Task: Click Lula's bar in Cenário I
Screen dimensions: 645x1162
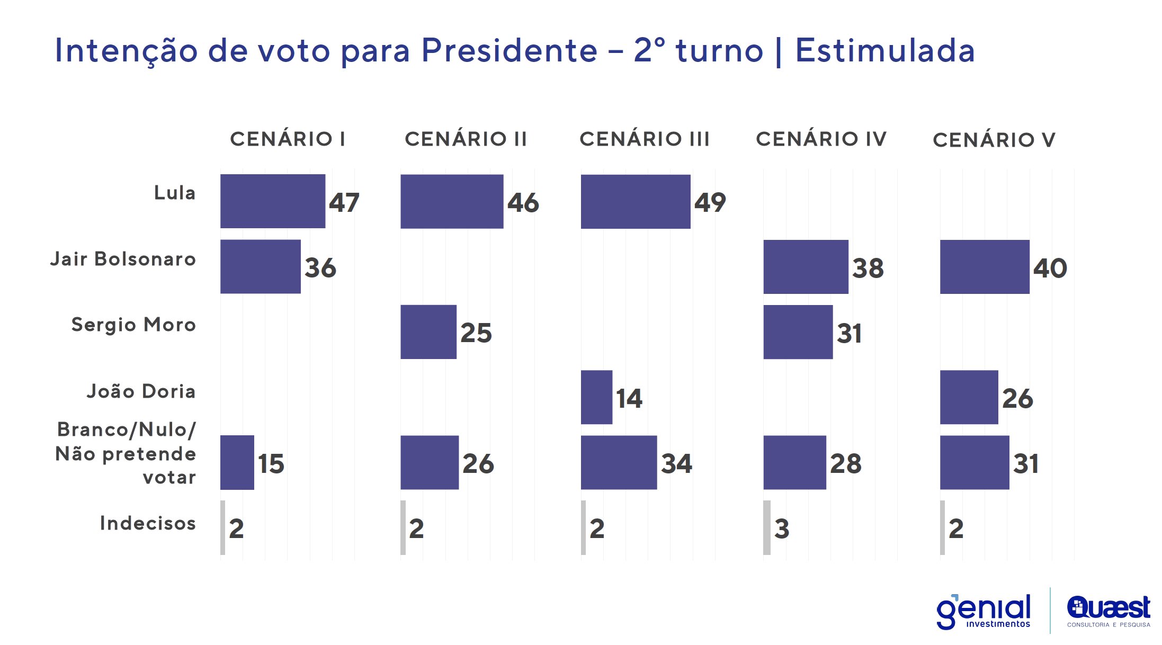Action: pyautogui.click(x=273, y=201)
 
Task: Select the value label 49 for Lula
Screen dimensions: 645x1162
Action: pyautogui.click(x=710, y=202)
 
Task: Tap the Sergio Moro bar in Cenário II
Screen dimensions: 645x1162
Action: pyautogui.click(x=428, y=332)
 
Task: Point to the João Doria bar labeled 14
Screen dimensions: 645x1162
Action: pyautogui.click(x=596, y=397)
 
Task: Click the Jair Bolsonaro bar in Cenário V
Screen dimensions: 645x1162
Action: pyautogui.click(x=985, y=267)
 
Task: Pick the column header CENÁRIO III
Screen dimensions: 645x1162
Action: pyautogui.click(x=644, y=139)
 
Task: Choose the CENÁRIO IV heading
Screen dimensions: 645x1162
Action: pyautogui.click(x=821, y=139)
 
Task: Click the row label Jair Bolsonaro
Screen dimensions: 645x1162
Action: pyautogui.click(x=123, y=259)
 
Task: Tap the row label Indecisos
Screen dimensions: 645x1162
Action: pyautogui.click(x=148, y=523)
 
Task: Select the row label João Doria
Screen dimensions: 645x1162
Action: pyautogui.click(x=141, y=391)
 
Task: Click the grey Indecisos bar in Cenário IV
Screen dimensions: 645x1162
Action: pyautogui.click(x=767, y=528)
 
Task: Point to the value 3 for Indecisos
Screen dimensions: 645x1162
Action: pyautogui.click(x=782, y=529)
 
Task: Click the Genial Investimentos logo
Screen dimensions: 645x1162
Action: pyautogui.click(x=984, y=612)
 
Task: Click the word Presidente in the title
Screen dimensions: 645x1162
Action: pyautogui.click(x=509, y=51)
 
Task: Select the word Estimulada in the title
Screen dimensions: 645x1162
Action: pyautogui.click(x=884, y=51)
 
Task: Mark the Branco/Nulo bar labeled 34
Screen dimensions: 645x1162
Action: pyautogui.click(x=619, y=462)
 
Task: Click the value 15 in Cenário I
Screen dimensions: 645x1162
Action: pyautogui.click(x=271, y=464)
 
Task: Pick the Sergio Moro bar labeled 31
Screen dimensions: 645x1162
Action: pyautogui.click(x=798, y=332)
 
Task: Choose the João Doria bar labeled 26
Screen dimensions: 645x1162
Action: pyautogui.click(x=969, y=397)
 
